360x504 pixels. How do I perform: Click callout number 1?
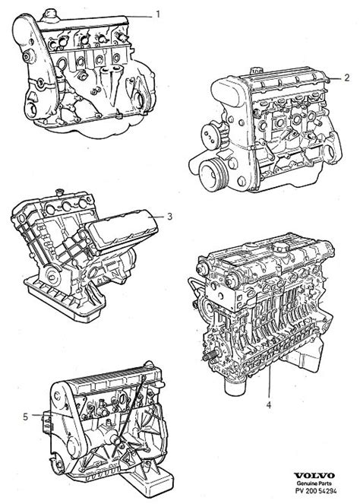click(x=158, y=14)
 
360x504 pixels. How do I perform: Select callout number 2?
click(x=347, y=77)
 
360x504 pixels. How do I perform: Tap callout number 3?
click(x=170, y=217)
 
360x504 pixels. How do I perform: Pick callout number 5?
click(x=26, y=416)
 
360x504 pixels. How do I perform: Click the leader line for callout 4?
click(x=268, y=384)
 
